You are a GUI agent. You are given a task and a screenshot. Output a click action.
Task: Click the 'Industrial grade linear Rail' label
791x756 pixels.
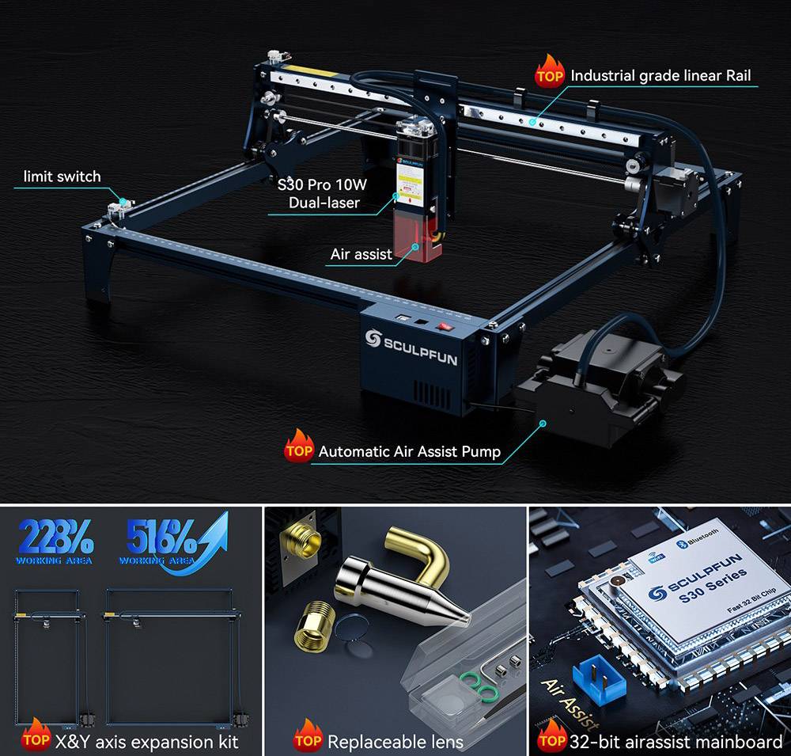pyautogui.click(x=660, y=76)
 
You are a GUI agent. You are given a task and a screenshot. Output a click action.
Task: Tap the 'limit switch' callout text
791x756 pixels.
pyautogui.click(x=62, y=177)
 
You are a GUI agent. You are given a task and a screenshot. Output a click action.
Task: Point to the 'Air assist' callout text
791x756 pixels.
pyautogui.click(x=361, y=254)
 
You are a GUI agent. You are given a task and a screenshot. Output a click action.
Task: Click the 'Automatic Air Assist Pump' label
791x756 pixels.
pyautogui.click(x=409, y=452)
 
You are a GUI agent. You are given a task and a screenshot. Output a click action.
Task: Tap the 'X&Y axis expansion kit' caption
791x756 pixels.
pyautogui.click(x=146, y=742)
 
